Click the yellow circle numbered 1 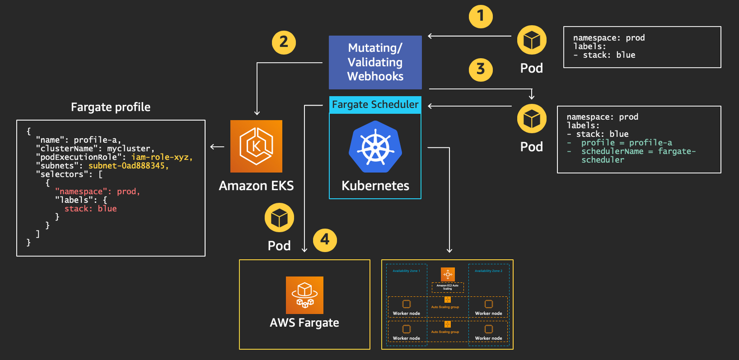[x=480, y=17]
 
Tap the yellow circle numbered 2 [x=284, y=43]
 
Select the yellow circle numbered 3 [x=480, y=69]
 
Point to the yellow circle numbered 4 [x=325, y=240]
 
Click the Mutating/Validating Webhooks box [x=375, y=62]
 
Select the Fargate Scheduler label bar [x=375, y=104]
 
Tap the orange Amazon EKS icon [x=256, y=146]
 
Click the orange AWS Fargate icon [x=304, y=295]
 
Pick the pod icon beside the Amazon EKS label [x=279, y=218]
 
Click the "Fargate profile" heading [x=110, y=107]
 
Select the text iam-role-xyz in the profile [x=161, y=157]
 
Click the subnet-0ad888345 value [x=128, y=166]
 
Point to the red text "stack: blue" [x=91, y=209]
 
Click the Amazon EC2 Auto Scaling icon [x=448, y=275]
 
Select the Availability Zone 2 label [x=488, y=271]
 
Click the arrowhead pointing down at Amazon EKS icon [x=257, y=113]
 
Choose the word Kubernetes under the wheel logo [x=375, y=186]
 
